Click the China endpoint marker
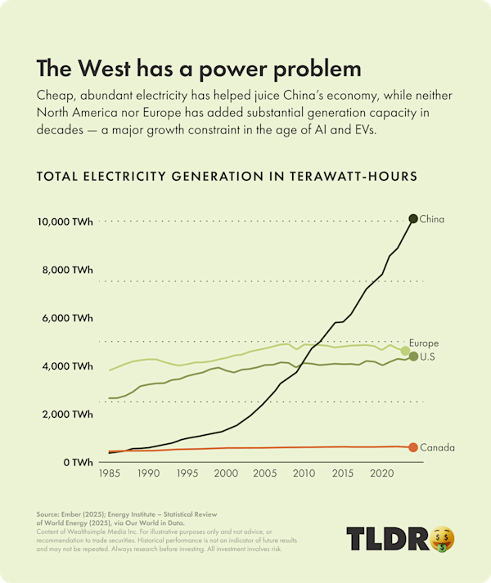(x=413, y=218)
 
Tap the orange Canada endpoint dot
(x=413, y=447)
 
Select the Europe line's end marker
(x=405, y=351)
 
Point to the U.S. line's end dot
(x=413, y=357)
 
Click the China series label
(x=431, y=219)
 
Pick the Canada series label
(x=437, y=448)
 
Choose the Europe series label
(x=424, y=343)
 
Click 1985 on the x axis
(x=109, y=473)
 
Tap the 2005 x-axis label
(x=264, y=473)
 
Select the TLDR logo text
(x=388, y=538)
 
